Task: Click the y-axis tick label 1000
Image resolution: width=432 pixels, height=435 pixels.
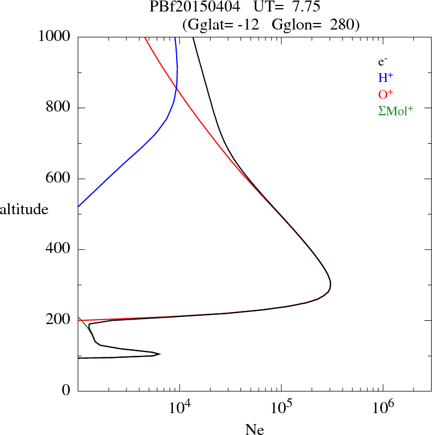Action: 54,37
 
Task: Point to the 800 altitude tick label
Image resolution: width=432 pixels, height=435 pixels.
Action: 58,107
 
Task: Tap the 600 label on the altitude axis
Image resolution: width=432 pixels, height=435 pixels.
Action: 58,178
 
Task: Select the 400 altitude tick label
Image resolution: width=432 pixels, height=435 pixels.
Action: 58,248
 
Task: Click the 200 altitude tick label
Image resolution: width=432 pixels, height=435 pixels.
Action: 58,320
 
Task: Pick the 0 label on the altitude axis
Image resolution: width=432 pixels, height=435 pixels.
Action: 66,390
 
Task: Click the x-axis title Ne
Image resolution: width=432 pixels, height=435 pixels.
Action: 255,429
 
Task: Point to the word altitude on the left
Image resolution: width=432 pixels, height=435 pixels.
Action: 24,209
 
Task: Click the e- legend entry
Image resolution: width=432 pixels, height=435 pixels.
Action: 383,62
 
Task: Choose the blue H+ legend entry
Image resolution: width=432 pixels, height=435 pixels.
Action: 386,78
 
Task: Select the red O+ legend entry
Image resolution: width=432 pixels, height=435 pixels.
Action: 386,95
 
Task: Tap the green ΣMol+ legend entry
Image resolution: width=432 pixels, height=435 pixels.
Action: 395,111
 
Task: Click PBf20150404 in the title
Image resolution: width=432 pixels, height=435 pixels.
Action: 195,7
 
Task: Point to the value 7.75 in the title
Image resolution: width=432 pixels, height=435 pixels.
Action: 307,7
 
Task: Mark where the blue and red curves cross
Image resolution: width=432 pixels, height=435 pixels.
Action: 176,88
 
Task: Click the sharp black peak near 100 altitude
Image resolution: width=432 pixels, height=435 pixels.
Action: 160,354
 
